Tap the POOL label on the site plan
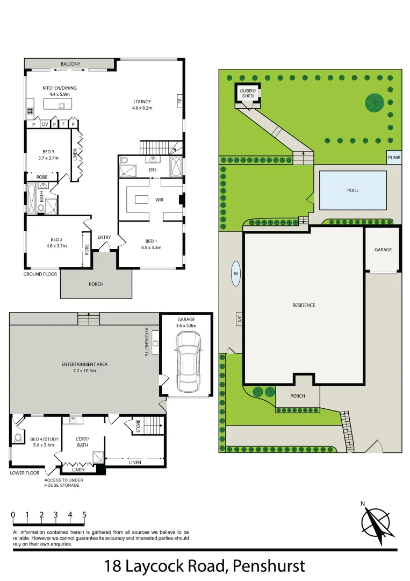tap(353, 190)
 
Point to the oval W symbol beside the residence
tap(235, 273)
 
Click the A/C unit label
tap(239, 319)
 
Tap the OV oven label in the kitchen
tap(45, 124)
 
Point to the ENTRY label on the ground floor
tap(104, 237)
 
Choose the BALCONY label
tap(70, 64)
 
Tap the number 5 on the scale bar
tap(84, 515)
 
